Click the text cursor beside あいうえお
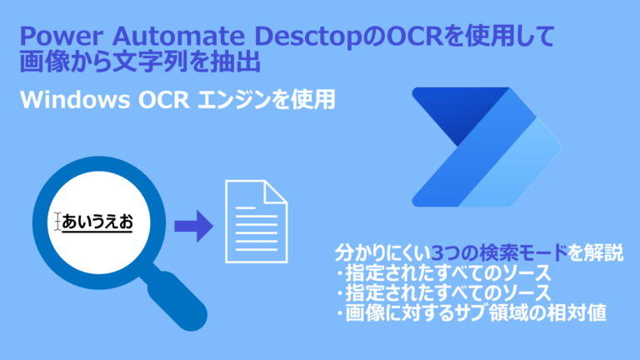click(x=57, y=222)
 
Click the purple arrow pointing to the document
click(x=192, y=225)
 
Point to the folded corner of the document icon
click(x=278, y=192)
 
